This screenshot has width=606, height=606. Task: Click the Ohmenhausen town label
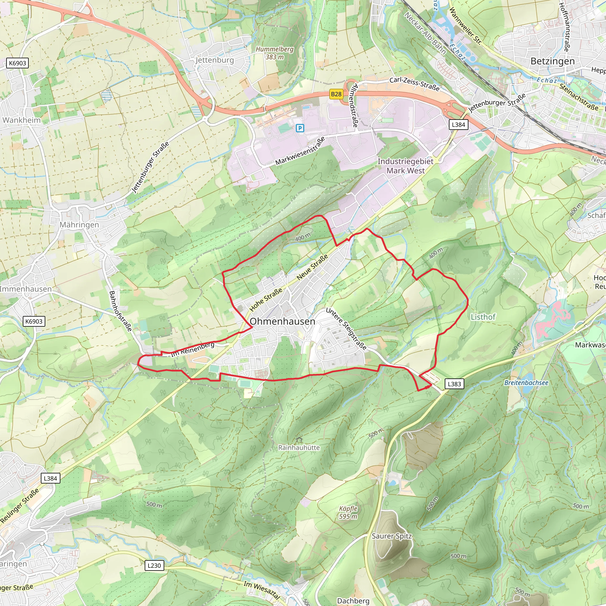pos(282,322)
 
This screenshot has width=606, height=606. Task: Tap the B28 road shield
pos(336,94)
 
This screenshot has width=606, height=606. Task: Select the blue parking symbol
pos(300,128)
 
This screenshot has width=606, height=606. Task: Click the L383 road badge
pos(454,384)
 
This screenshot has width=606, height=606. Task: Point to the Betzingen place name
pos(552,61)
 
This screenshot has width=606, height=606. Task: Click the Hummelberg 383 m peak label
pos(275,53)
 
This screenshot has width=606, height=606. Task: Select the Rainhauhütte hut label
pos(299,448)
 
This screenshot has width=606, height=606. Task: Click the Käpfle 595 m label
pos(348,512)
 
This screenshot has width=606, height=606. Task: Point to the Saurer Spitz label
pos(391,536)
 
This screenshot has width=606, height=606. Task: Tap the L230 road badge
pos(154,565)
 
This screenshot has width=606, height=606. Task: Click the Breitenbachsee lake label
pos(526,383)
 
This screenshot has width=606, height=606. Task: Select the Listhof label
pos(483,317)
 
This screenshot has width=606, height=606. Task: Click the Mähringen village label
pos(79,225)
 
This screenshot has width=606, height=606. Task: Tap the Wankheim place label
pos(21,120)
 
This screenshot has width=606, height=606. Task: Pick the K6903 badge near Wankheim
pos(17,63)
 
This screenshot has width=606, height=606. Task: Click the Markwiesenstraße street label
pos(300,151)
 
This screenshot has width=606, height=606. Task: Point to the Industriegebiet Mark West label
pos(405,166)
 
